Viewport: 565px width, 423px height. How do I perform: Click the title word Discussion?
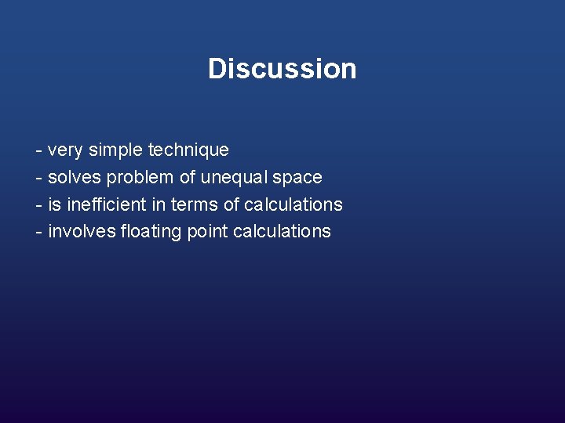coord(282,69)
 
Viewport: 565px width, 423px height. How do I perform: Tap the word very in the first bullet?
coord(66,150)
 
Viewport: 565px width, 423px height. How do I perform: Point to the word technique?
coord(188,150)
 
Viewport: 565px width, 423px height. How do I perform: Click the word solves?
coord(75,177)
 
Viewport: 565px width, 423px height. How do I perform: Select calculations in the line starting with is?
coord(293,204)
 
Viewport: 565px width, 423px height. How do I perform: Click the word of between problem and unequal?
coord(188,177)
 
